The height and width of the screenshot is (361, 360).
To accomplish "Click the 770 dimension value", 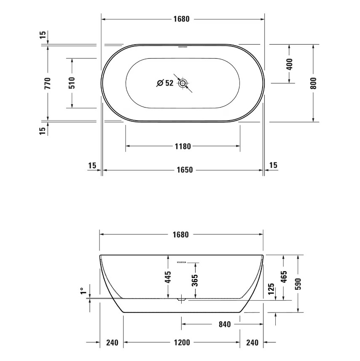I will point(48,83).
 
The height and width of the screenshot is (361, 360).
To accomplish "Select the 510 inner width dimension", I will point(72,83).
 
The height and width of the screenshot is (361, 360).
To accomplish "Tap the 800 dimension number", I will point(313,83).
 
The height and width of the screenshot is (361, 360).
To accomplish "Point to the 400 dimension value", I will point(289,64).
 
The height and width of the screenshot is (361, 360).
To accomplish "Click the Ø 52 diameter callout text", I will point(165,83).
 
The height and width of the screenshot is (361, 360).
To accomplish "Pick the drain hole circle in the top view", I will point(183,83).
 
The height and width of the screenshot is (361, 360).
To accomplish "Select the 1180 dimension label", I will point(183,146).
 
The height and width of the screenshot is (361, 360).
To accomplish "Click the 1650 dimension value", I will point(184,170).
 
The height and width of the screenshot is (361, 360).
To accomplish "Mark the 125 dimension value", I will point(271,288).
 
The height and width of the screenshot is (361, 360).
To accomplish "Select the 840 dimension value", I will point(225,324).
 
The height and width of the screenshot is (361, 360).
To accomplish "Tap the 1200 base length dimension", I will point(182,342).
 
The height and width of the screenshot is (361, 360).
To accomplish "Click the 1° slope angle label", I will point(83,291).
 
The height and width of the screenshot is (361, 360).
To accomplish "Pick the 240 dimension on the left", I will point(112,342).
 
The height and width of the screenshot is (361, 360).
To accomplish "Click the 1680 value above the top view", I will point(183,19).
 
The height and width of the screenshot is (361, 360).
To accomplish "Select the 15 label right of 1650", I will point(273,165).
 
